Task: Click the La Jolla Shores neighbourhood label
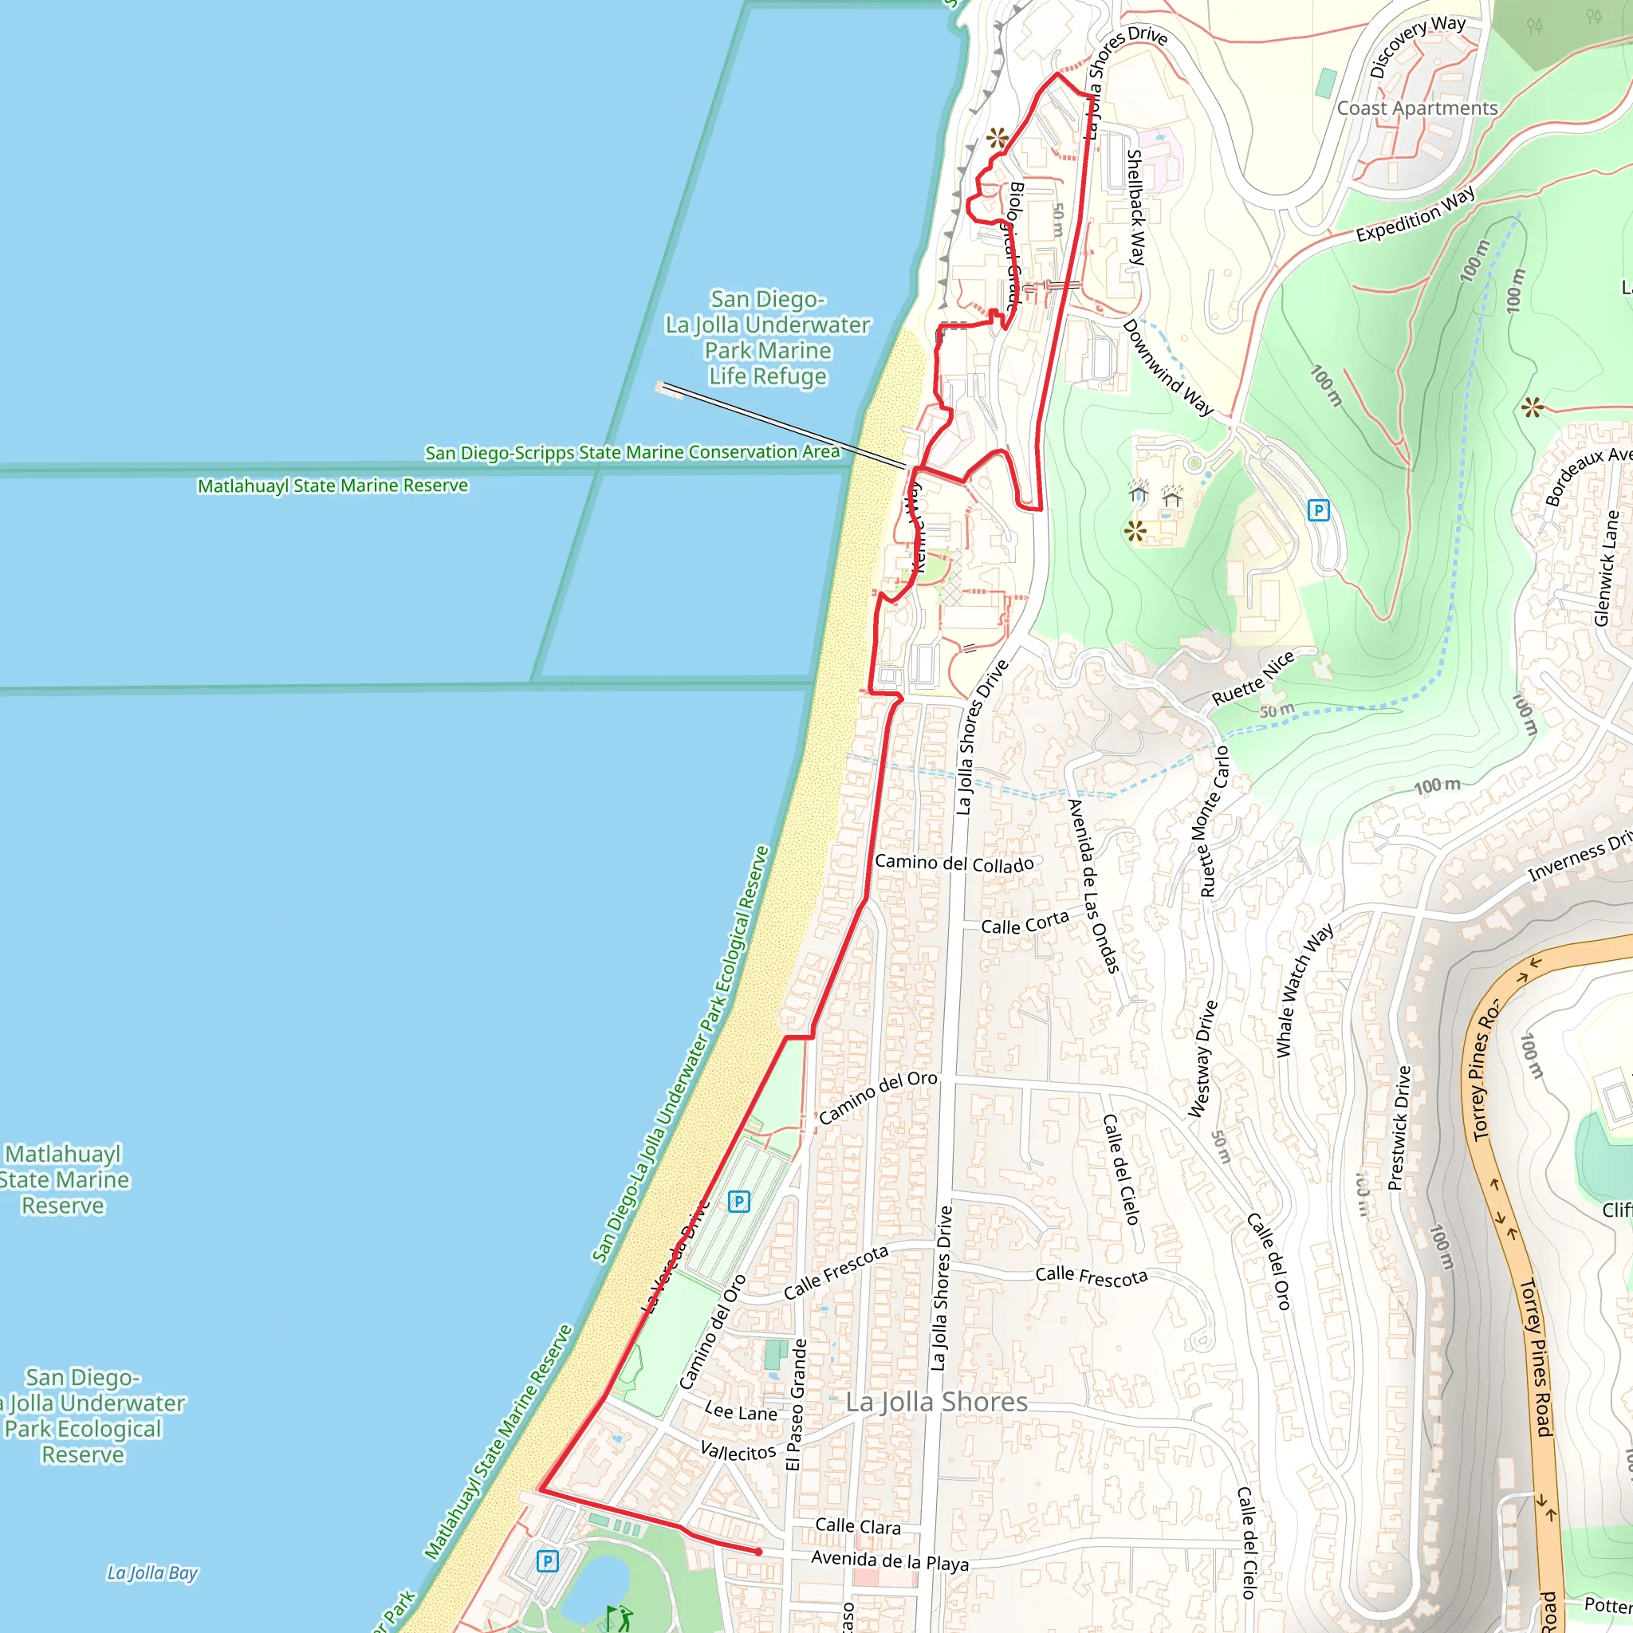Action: point(937,1403)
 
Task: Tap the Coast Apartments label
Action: point(1417,108)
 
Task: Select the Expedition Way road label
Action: point(1416,214)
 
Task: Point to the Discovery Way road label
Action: point(1418,45)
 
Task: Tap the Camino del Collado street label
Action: point(954,863)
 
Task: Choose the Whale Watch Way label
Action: point(1304,990)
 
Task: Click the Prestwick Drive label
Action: point(1399,1127)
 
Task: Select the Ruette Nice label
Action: point(1253,679)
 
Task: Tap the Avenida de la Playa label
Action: point(889,1560)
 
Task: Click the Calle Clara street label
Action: point(858,1525)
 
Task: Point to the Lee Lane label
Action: point(741,1412)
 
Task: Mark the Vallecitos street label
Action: point(738,1452)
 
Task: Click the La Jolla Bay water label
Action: point(152,1573)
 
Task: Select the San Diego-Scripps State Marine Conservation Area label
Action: point(632,453)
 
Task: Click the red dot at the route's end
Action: point(758,1552)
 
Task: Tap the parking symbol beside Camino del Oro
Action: point(738,1202)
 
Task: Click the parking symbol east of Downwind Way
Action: point(1319,510)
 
